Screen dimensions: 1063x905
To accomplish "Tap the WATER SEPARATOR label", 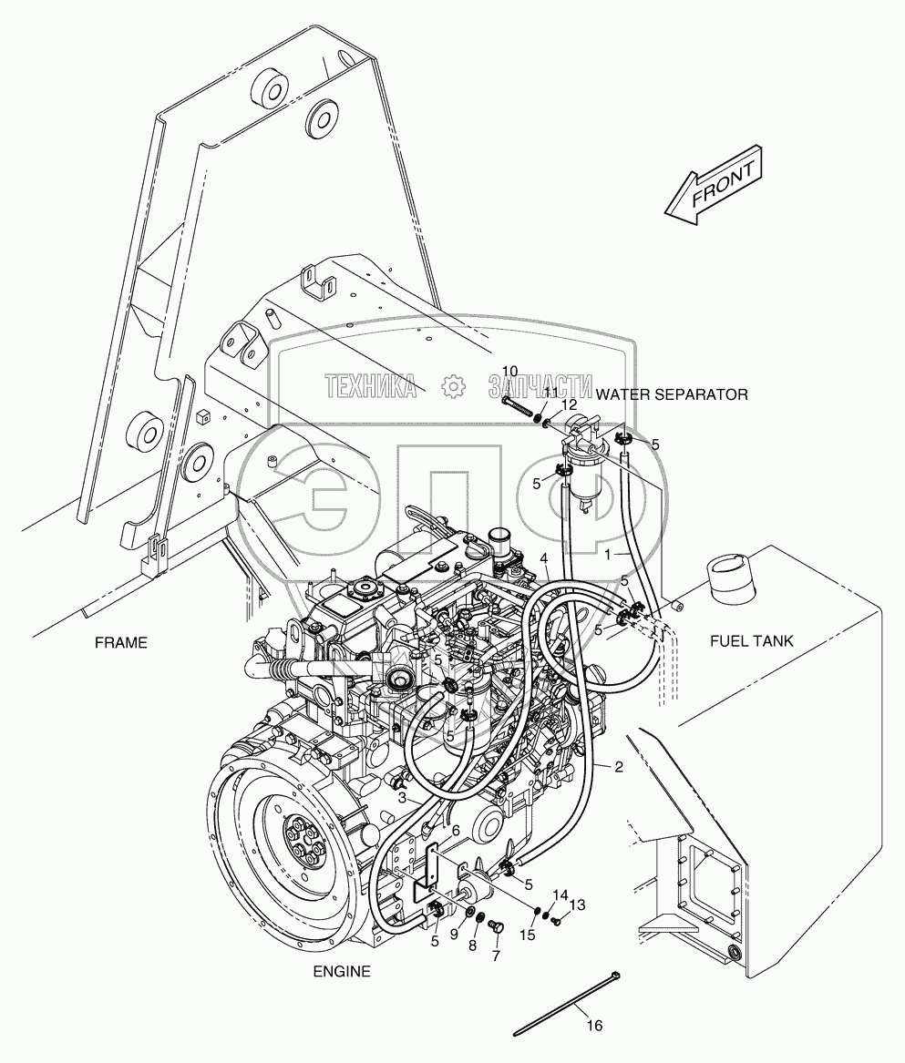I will [x=672, y=394].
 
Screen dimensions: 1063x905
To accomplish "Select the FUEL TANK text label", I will [x=751, y=641].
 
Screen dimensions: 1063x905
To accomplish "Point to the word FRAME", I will [x=120, y=642].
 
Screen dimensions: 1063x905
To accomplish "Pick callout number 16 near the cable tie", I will [x=594, y=1026].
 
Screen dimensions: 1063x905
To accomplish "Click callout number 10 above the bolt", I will [x=509, y=371].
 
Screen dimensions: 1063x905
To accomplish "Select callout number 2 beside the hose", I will [x=619, y=767].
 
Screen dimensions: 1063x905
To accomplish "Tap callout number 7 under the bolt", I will [x=497, y=956].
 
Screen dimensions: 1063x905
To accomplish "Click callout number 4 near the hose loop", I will [x=543, y=557].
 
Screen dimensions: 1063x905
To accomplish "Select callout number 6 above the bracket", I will [x=456, y=830].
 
